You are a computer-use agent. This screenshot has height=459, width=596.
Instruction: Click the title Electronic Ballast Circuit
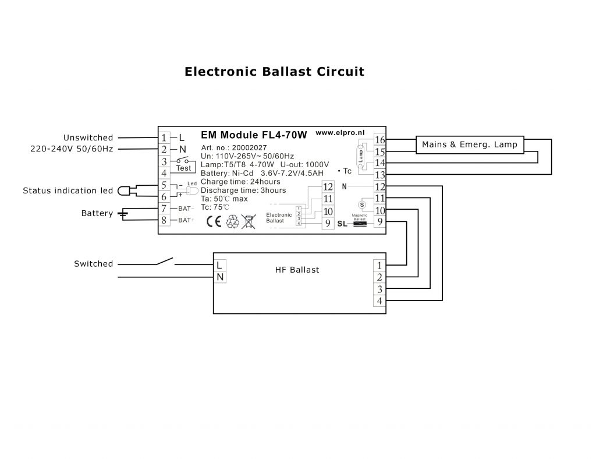point(274,72)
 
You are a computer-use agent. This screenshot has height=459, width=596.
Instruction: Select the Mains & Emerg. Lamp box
point(469,144)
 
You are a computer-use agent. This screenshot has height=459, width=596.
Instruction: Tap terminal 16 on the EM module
point(380,140)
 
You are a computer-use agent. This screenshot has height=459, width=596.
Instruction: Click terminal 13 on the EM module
point(380,175)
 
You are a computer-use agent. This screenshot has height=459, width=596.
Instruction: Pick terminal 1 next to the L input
point(165,138)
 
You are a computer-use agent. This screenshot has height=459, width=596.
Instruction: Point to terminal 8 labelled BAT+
point(165,220)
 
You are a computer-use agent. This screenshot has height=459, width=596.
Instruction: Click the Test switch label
point(183,168)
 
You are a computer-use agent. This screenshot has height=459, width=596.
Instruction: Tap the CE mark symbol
point(214,221)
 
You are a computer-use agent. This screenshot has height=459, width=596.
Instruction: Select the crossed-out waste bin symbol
point(249,221)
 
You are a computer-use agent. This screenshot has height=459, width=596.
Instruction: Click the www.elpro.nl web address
point(340,133)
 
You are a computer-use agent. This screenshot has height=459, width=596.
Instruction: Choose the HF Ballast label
point(297,270)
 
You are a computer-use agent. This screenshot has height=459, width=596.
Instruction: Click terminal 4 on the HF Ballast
point(379,301)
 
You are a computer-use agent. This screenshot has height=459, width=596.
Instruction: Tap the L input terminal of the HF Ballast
point(219,265)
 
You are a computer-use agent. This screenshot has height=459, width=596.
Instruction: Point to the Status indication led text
point(68,190)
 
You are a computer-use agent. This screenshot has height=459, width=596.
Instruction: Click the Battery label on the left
point(97,214)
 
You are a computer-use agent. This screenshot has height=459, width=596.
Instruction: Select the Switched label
point(93,264)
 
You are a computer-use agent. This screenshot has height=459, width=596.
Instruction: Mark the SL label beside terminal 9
point(342,224)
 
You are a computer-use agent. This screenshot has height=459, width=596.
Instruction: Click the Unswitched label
point(88,138)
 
